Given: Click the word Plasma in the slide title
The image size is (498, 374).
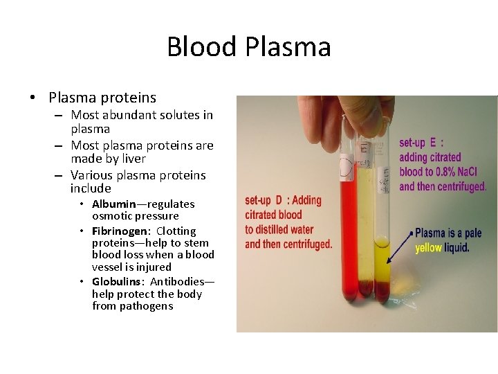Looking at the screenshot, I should pyautogui.click(x=288, y=47).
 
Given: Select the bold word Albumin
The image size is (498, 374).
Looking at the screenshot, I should pyautogui.click(x=114, y=204).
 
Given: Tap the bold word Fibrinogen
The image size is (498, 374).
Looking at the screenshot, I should pyautogui.click(x=120, y=231).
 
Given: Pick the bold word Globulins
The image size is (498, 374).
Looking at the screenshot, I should pyautogui.click(x=118, y=282).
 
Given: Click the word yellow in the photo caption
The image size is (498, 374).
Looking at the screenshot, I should pyautogui.click(x=428, y=248).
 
